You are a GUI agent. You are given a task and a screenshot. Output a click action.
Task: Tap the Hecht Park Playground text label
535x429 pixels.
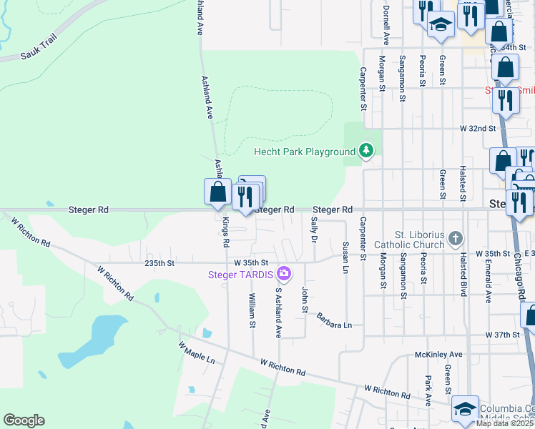pyautogui.click(x=305, y=152)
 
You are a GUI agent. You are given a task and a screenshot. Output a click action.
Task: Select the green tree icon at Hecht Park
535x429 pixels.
pyautogui.click(x=366, y=150)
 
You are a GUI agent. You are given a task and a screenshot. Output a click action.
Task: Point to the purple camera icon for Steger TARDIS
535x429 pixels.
pyautogui.click(x=284, y=273)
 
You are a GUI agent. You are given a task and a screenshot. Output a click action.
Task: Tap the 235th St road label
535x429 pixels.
pyautogui.click(x=159, y=263)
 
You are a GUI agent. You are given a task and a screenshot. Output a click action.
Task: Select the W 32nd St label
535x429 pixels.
pyautogui.click(x=478, y=129)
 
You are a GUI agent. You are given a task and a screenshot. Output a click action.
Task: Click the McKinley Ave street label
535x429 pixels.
pyautogui.click(x=438, y=355)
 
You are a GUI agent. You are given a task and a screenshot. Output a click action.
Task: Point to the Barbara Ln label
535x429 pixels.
pyautogui.click(x=334, y=320)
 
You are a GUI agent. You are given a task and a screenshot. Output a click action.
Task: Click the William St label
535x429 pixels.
pyautogui.click(x=252, y=310)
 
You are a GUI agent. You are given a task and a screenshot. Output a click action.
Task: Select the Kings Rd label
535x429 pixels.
pyautogui.click(x=225, y=233)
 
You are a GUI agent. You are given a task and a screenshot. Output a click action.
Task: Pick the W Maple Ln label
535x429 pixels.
pyautogui.click(x=197, y=352)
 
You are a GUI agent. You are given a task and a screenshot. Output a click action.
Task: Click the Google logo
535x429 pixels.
pyautogui.click(x=24, y=420)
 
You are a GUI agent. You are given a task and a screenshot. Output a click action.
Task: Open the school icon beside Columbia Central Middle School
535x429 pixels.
pyautogui.click(x=465, y=408)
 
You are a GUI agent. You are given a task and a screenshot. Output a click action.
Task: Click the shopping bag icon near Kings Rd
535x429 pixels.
pyautogui.click(x=217, y=192)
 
